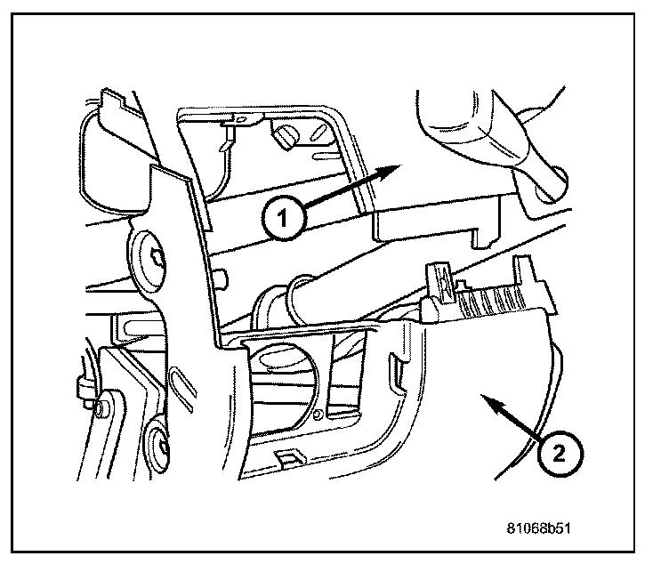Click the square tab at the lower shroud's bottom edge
[289, 458]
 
